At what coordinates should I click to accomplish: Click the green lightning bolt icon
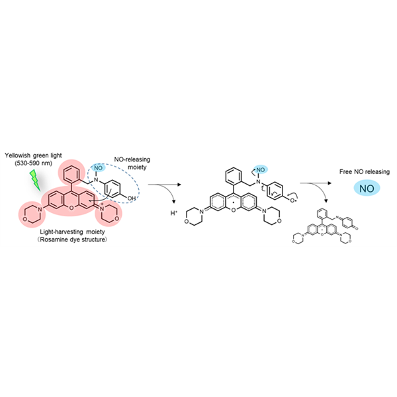pos(35,180)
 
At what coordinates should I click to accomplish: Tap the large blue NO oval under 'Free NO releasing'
pos(367,189)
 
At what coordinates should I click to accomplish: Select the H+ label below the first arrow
pos(173,213)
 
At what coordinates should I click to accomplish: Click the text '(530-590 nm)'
pos(34,163)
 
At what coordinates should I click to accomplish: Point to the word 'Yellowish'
pos(17,155)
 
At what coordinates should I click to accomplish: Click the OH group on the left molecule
pos(132,198)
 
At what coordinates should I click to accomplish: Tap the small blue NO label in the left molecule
pos(98,168)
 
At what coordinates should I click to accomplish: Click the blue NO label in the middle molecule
pos(261,169)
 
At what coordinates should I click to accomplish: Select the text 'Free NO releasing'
pos(365,171)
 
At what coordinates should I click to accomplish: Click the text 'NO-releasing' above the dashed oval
pos(132,159)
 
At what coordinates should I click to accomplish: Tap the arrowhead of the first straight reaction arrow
pos(179,185)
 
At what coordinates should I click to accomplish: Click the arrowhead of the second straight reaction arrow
pos(330,183)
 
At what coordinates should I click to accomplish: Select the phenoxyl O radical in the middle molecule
pos(292,200)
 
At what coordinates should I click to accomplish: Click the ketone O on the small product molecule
pos(357,229)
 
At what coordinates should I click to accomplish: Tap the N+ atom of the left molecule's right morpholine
pos(101,208)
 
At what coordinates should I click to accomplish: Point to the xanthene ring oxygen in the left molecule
pos(71,208)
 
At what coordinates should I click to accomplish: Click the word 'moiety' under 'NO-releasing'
pos(137,167)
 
